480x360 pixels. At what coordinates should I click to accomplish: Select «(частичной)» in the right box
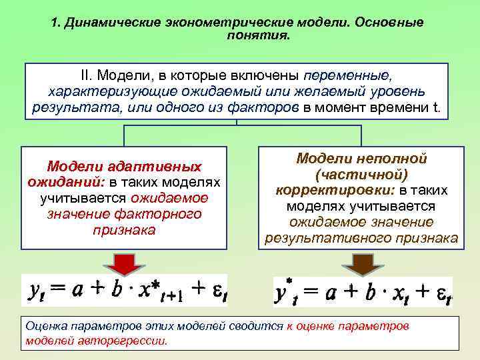click(361, 175)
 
